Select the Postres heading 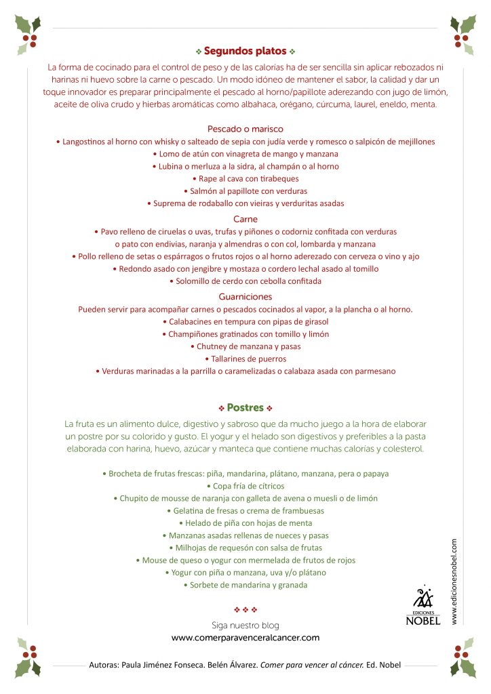coord(245,408)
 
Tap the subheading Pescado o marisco coord(245,128)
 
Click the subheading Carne coord(245,219)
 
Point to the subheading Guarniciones coord(245,296)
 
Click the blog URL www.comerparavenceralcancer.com coord(245,638)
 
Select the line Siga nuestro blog coord(245,625)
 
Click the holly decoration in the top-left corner coord(27,34)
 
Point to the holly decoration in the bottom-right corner coord(463,657)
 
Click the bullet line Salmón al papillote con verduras coord(245,191)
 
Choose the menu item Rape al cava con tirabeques coord(245,179)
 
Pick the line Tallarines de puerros coord(245,359)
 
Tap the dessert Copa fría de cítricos coord(245,486)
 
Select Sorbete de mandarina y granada coord(245,585)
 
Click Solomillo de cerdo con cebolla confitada coord(245,281)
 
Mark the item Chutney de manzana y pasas coord(245,346)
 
